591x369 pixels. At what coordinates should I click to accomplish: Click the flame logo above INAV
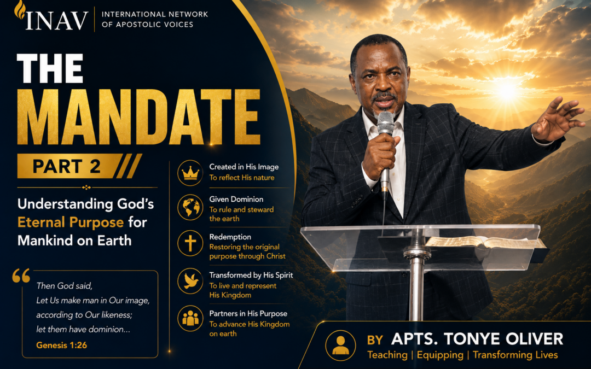click(20, 9)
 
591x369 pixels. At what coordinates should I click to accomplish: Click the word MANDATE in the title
click(138, 117)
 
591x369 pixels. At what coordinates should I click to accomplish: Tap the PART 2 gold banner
click(79, 166)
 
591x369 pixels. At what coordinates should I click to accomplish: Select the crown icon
click(190, 173)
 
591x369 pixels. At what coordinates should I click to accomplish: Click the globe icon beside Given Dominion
click(190, 207)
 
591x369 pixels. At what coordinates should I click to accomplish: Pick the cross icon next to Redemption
click(190, 243)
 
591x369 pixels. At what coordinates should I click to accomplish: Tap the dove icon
click(190, 281)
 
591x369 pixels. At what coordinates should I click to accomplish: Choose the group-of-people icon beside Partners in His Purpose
click(190, 318)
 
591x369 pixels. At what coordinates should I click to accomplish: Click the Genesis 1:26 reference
click(61, 345)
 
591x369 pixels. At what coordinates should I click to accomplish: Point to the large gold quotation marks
click(21, 276)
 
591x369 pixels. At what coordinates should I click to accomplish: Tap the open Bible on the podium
click(486, 242)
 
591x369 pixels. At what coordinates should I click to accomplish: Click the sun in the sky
click(506, 90)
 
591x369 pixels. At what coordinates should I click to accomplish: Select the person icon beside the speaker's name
click(340, 345)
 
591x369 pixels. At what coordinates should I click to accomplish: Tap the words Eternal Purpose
click(71, 222)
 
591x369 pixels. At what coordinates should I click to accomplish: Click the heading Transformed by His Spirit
click(251, 275)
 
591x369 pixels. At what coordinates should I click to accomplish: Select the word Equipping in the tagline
click(440, 355)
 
